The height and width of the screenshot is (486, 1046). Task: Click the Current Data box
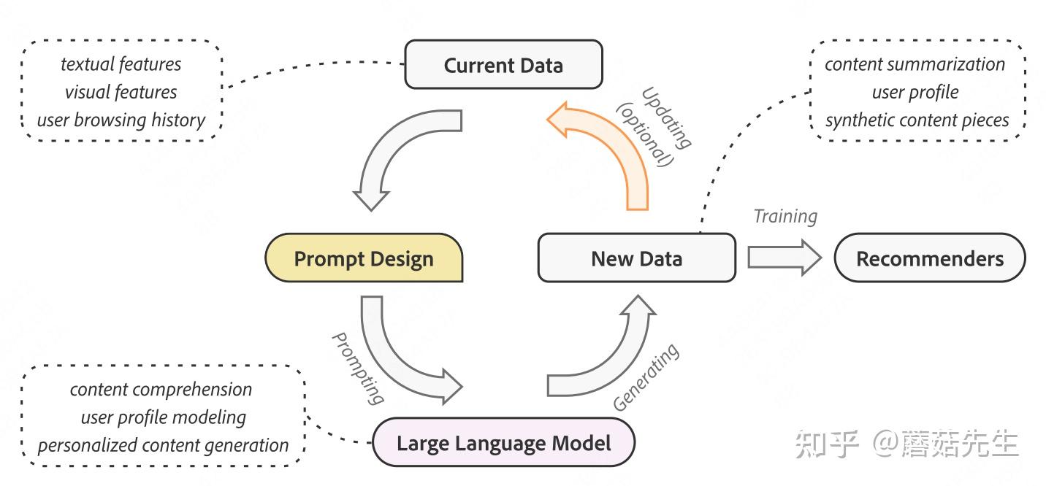pyautogui.click(x=503, y=65)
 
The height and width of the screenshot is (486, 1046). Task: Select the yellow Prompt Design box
pyautogui.click(x=364, y=258)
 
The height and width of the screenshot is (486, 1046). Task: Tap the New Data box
pyautogui.click(x=636, y=258)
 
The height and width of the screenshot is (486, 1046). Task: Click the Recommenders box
pyautogui.click(x=929, y=258)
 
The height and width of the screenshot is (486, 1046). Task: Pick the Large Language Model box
pyautogui.click(x=503, y=443)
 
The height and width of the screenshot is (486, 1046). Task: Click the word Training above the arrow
pyautogui.click(x=785, y=216)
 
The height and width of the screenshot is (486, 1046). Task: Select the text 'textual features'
pyautogui.click(x=121, y=64)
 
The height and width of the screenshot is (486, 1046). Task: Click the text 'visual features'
pyautogui.click(x=121, y=92)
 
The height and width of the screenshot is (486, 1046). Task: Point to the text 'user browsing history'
pyautogui.click(x=121, y=120)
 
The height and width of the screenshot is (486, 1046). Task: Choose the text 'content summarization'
pyautogui.click(x=915, y=64)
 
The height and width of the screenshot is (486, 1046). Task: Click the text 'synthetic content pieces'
pyautogui.click(x=917, y=120)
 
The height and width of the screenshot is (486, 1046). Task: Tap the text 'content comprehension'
pyautogui.click(x=161, y=390)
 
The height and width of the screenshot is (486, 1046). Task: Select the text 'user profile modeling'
pyautogui.click(x=163, y=417)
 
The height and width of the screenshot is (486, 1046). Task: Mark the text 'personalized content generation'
pyautogui.click(x=163, y=445)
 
